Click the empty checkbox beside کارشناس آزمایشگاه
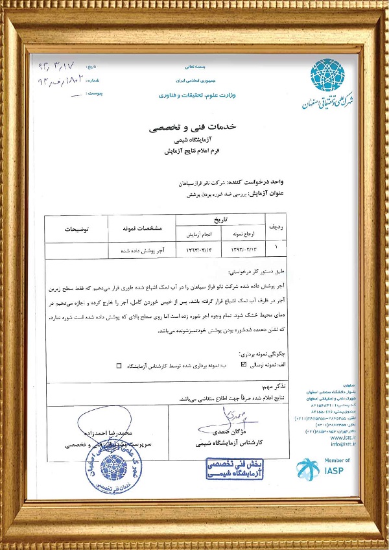coord(119,365)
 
